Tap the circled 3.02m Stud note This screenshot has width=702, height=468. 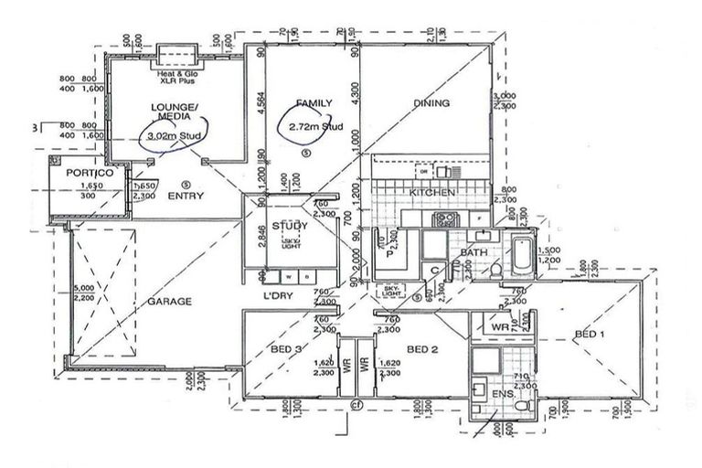pyautogui.click(x=172, y=138)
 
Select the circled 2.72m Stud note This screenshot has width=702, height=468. pyautogui.click(x=315, y=127)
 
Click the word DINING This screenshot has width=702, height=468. pyautogui.click(x=431, y=103)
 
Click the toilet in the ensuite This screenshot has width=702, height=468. pyautogui.click(x=518, y=402)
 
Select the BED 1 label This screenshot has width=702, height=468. pyautogui.click(x=589, y=335)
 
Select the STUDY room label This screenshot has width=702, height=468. pyautogui.click(x=290, y=225)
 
